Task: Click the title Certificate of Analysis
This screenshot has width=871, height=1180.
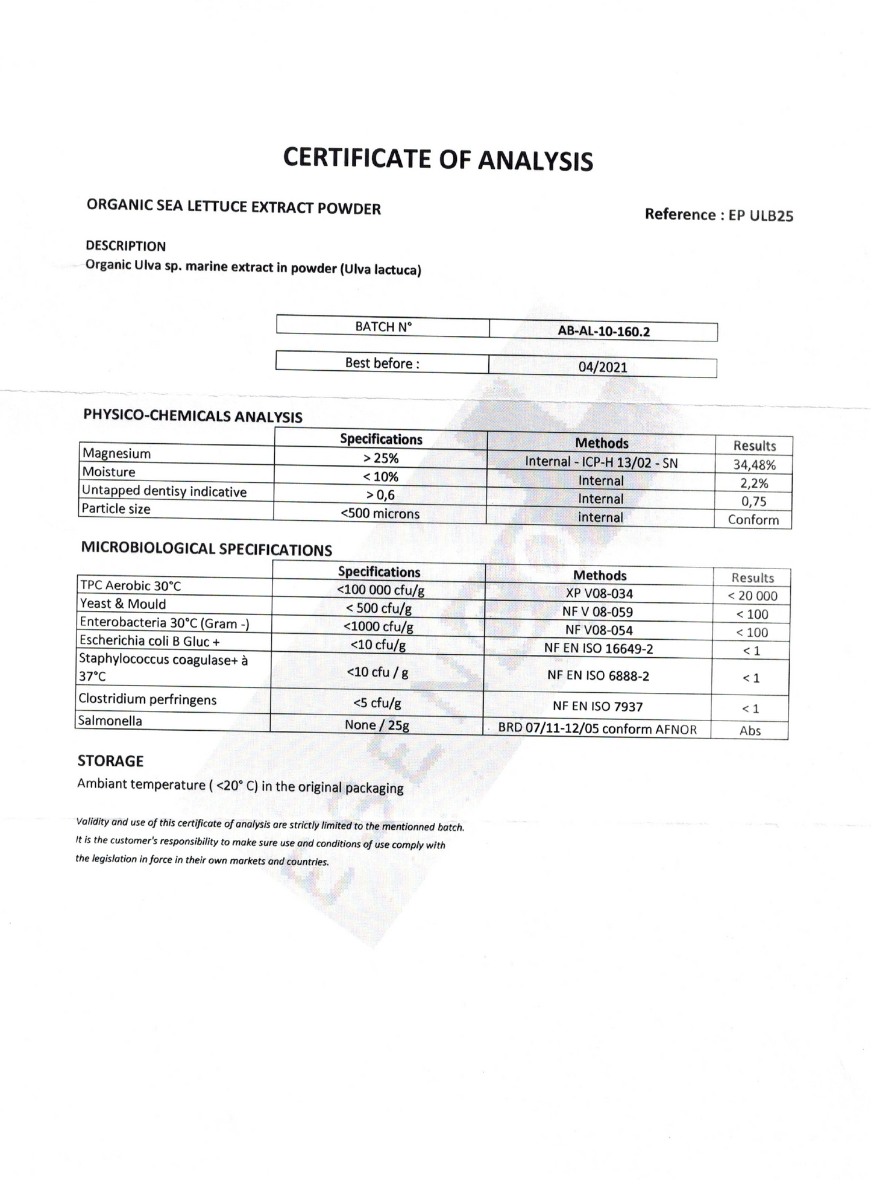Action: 438,159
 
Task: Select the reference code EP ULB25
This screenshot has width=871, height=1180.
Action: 761,215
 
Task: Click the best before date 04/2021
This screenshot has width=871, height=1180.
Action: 603,367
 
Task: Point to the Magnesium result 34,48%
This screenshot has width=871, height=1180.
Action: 754,465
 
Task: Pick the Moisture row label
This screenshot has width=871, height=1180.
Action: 109,472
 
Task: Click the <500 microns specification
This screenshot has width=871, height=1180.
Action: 380,514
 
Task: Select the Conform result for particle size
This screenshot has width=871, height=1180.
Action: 753,520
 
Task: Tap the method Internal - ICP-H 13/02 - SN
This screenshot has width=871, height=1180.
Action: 601,462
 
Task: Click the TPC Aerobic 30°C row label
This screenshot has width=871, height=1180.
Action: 131,585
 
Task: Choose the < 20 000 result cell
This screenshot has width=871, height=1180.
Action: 752,596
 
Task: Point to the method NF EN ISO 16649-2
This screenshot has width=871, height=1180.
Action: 599,649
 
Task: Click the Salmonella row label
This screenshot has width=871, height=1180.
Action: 110,721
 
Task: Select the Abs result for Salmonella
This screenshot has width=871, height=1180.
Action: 750,731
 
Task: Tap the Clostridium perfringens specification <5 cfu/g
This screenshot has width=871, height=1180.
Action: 377,702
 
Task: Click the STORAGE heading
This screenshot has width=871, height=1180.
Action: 110,761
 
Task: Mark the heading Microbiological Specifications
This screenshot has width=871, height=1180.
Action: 206,549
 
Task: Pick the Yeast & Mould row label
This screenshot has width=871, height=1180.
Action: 123,604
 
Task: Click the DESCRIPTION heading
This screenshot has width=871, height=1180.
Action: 125,246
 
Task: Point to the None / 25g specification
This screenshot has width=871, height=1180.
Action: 377,725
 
